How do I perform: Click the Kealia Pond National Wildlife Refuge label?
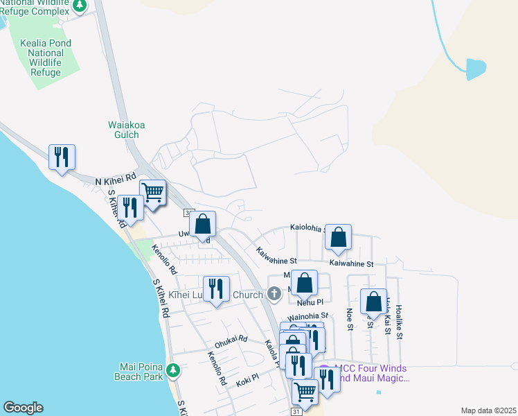[x=46, y=58]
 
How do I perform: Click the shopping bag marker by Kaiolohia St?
[x=338, y=236]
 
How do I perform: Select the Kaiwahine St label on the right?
[x=351, y=263]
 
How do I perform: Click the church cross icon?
[x=274, y=294]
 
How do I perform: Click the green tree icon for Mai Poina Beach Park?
[x=175, y=371]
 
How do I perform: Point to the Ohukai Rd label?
[x=231, y=339]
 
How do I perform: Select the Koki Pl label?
[x=247, y=377]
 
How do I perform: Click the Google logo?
[x=23, y=408]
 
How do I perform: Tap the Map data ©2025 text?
[x=488, y=410]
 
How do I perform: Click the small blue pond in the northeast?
[x=476, y=69]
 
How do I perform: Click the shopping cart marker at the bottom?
[x=305, y=392]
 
